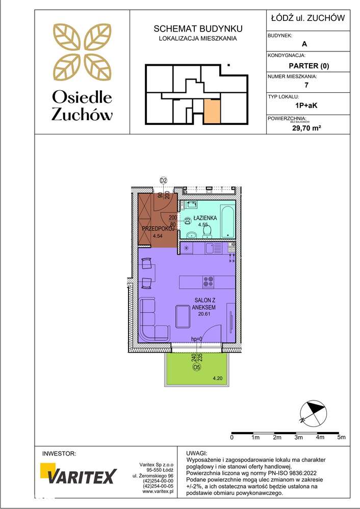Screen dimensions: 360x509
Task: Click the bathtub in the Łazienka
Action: click(x=228, y=221)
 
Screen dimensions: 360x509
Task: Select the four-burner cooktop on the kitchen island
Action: click(x=208, y=282)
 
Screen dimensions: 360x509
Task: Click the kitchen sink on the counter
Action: click(x=210, y=248)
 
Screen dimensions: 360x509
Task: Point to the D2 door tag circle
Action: click(x=163, y=180)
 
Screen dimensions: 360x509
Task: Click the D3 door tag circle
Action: click(x=187, y=221)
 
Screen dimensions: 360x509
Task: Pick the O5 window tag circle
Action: click(x=196, y=367)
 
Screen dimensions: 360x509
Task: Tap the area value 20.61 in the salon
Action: click(x=204, y=313)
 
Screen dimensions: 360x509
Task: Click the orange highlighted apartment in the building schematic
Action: click(x=212, y=112)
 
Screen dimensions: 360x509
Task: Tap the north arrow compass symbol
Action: click(x=312, y=413)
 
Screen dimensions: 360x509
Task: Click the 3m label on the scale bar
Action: click(x=298, y=437)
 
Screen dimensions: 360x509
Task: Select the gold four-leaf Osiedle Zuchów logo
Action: click(x=82, y=51)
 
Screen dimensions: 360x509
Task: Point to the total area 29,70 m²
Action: click(x=307, y=128)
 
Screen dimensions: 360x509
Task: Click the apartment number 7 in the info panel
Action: click(x=306, y=86)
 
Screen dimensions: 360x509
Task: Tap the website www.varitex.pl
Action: click(x=158, y=492)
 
